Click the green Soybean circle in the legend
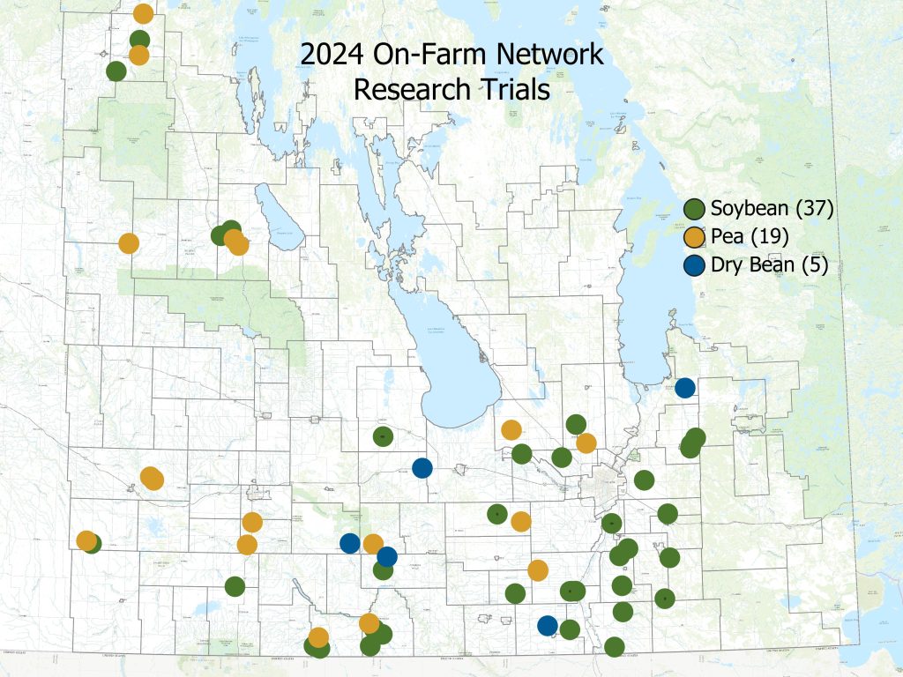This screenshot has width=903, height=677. [x=696, y=209]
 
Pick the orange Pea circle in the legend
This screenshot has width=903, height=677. [x=696, y=236]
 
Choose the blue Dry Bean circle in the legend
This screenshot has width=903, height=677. [x=696, y=264]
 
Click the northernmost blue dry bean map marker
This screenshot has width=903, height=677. [x=685, y=387]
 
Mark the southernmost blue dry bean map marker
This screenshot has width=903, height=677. [x=548, y=626]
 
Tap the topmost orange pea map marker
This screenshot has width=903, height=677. [x=143, y=13]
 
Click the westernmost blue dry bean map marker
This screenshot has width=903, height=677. [x=350, y=543]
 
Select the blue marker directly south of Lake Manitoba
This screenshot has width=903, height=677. [x=422, y=468]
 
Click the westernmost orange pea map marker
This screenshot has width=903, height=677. [x=86, y=540]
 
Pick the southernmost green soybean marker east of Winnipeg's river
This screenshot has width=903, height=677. [x=615, y=647]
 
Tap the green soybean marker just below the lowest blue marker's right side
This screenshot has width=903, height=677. [x=570, y=629]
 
